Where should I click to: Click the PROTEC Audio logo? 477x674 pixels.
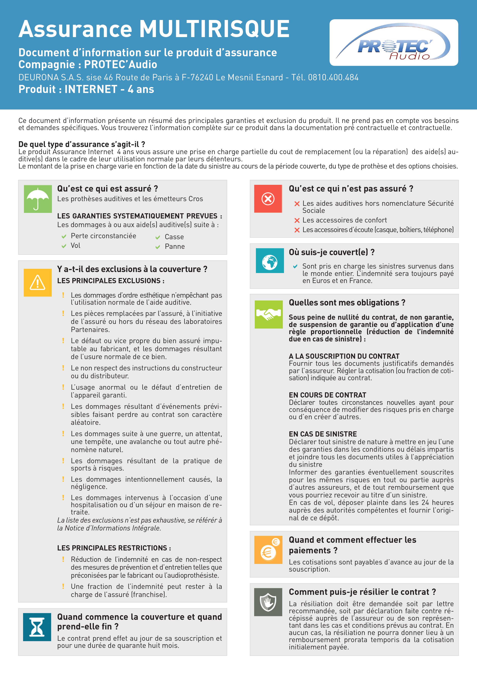[394, 43]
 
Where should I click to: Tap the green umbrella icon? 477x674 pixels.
[38, 199]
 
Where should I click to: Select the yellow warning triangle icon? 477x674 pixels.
[38, 282]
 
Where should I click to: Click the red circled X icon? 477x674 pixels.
[268, 199]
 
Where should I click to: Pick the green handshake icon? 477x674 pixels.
[268, 314]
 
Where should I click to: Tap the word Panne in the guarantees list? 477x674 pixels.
[175, 247]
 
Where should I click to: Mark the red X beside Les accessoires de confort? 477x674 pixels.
[297, 220]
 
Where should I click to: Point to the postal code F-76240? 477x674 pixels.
[197, 77]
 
